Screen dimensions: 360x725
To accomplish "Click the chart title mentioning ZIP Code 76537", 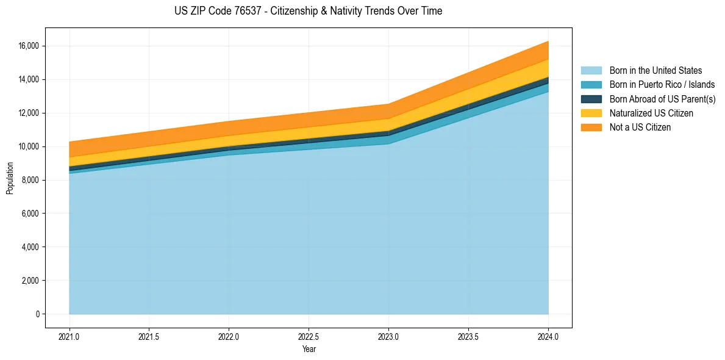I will click(x=308, y=11).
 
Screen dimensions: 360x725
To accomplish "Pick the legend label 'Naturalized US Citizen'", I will click(x=651, y=113).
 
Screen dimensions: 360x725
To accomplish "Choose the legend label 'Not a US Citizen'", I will click(x=640, y=128).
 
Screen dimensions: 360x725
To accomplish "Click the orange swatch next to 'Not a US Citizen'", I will click(x=591, y=128).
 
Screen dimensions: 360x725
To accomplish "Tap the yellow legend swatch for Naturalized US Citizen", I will click(x=591, y=113).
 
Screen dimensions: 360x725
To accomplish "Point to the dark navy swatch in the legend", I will click(x=591, y=99).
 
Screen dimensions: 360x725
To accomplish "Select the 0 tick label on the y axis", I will click(x=37, y=314).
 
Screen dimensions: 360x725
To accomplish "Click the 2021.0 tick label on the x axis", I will click(x=69, y=336).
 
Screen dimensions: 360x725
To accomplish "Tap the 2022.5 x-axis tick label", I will click(x=309, y=336).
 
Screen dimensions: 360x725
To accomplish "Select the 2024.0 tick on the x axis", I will click(x=548, y=336).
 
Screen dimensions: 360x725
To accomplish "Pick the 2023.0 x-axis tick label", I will click(x=388, y=336).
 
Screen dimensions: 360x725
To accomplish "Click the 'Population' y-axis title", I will click(x=10, y=178).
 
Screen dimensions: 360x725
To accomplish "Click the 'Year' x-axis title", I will click(x=309, y=350).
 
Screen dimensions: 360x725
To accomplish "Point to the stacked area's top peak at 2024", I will click(x=548, y=41).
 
